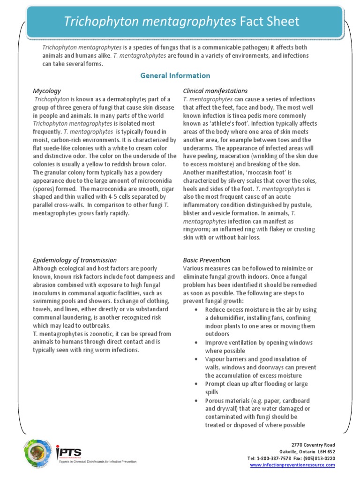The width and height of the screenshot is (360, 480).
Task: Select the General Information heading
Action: click(x=175, y=75)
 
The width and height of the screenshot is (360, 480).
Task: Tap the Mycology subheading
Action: click(x=46, y=90)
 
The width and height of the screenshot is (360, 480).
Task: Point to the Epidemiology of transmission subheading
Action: click(x=75, y=260)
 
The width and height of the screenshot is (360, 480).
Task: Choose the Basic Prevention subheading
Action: click(x=206, y=260)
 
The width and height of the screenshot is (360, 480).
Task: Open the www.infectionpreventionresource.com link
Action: click(x=292, y=465)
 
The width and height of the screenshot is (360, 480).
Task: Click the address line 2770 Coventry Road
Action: click(x=313, y=444)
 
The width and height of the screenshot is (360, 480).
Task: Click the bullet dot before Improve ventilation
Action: click(x=195, y=343)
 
